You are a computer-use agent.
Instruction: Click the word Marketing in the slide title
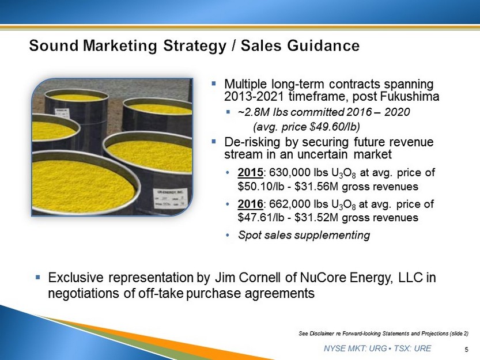click(x=120, y=46)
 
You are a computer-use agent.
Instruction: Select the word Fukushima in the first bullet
click(x=410, y=96)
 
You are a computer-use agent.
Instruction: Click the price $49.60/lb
click(x=335, y=127)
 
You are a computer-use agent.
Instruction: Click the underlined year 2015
click(x=251, y=172)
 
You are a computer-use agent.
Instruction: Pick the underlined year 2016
click(x=251, y=204)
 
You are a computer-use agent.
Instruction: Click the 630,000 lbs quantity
click(x=298, y=173)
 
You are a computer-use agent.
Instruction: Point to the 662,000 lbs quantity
click(x=298, y=204)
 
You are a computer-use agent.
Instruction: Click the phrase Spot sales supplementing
click(x=304, y=235)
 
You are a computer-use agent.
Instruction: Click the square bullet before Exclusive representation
click(x=37, y=277)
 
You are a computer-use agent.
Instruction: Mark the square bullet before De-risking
click(x=214, y=142)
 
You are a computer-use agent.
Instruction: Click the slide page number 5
click(x=467, y=350)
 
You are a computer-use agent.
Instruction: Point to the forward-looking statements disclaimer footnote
click(x=383, y=334)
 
